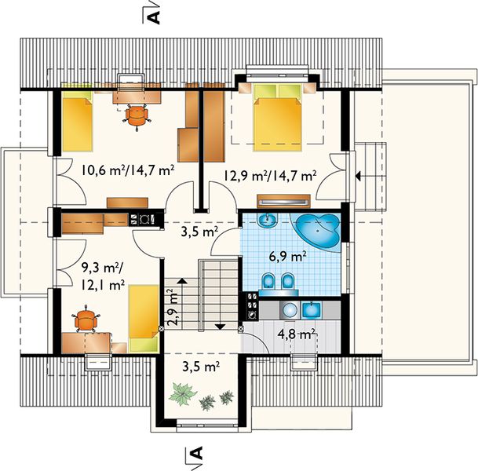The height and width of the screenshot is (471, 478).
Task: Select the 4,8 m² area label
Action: click(296, 334)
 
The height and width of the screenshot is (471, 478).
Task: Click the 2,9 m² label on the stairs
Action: click(173, 308)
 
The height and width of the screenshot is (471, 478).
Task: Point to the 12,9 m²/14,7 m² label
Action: click(270, 176)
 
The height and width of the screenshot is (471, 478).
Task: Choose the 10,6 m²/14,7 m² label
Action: click(128, 170)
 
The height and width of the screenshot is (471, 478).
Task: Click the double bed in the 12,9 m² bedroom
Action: click(277, 118)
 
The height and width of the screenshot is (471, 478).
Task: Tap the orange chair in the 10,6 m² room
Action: click(137, 116)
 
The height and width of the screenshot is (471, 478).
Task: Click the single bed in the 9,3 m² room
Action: click(144, 319)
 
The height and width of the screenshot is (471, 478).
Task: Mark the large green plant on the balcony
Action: click(182, 395)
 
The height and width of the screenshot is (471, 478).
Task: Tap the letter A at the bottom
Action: click(197, 453)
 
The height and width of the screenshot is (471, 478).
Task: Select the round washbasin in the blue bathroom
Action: click(268, 220)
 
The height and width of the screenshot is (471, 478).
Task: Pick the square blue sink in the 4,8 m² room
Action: click(311, 310)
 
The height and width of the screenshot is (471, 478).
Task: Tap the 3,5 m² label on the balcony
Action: click(201, 367)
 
